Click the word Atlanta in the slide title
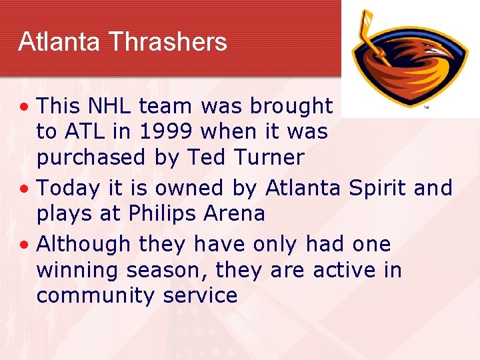coord(59,42)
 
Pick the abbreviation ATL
coord(82,131)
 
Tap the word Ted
coord(202,158)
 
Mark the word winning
coord(76,271)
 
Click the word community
coord(92,295)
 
